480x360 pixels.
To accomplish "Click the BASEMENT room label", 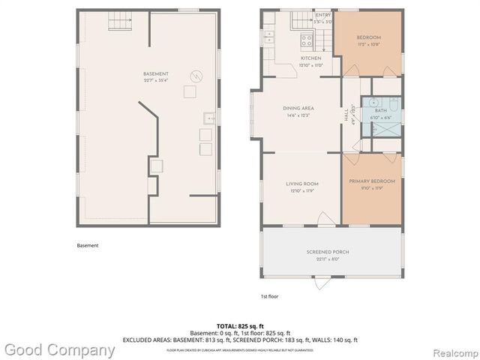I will point(156,73).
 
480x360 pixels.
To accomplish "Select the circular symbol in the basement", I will point(196,76).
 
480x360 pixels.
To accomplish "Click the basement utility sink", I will point(210,117).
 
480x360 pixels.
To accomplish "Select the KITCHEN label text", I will point(311,58).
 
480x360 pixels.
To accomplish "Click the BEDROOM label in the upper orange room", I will point(368,37).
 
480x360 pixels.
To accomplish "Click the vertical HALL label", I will point(346,116).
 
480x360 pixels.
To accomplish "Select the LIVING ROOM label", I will point(302,184).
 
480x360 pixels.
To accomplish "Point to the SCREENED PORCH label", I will point(328,252).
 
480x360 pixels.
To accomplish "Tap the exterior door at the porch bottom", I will point(323,283).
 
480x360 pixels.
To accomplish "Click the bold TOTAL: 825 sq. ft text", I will point(239,326).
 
